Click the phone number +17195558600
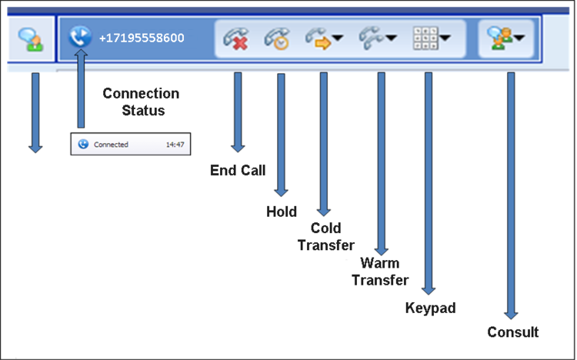pyautogui.click(x=142, y=38)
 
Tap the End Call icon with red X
pyautogui.click(x=236, y=38)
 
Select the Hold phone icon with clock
pyautogui.click(x=277, y=38)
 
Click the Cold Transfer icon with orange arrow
pyautogui.click(x=319, y=38)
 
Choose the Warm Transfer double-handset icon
pyautogui.click(x=372, y=38)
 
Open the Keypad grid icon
pyautogui.click(x=425, y=38)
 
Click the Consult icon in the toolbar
pyautogui.click(x=500, y=38)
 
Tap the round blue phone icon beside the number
pyautogui.click(x=80, y=37)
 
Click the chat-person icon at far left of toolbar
pyautogui.click(x=31, y=39)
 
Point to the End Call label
pyautogui.click(x=238, y=171)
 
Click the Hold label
pyautogui.click(x=282, y=212)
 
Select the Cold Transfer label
pyautogui.click(x=326, y=237)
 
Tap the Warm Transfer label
pyautogui.click(x=380, y=272)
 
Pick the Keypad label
pyautogui.click(x=431, y=308)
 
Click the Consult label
pyautogui.click(x=513, y=332)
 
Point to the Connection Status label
pyautogui.click(x=141, y=102)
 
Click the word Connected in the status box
pyautogui.click(x=111, y=145)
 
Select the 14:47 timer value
pyautogui.click(x=175, y=145)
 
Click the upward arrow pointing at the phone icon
pyautogui.click(x=81, y=88)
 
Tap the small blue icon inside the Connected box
pyautogui.click(x=83, y=144)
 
